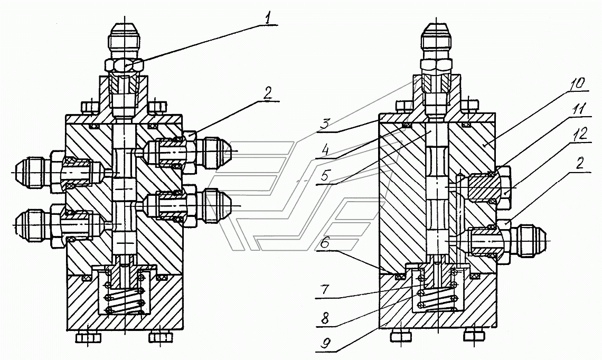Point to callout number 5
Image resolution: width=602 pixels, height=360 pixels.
[324, 176]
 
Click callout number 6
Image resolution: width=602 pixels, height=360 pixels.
[325, 243]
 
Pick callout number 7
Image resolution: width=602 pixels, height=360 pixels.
[325, 289]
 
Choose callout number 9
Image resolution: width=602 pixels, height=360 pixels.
[324, 344]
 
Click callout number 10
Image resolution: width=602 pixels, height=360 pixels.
[576, 83]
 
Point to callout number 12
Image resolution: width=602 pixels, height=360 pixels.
[581, 134]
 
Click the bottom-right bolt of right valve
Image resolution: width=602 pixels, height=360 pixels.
[475, 335]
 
